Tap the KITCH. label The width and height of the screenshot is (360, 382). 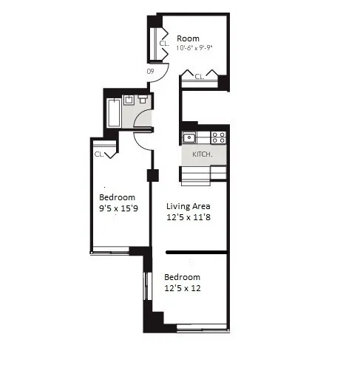click(x=202, y=154)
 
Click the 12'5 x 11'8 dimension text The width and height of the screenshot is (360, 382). click(x=189, y=218)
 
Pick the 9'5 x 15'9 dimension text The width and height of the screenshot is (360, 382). click(x=118, y=209)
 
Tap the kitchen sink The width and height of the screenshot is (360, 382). click(x=189, y=137)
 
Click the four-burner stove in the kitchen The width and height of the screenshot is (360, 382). click(x=218, y=137)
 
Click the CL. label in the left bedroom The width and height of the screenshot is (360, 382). click(x=99, y=154)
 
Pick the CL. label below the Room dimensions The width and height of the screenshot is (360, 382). click(x=199, y=75)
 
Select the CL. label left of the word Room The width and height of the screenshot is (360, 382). click(x=163, y=44)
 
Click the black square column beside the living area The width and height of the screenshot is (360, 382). click(x=152, y=176)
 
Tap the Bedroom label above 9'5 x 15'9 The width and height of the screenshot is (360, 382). click(x=117, y=197)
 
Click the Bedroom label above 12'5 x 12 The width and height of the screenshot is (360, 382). click(x=182, y=277)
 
